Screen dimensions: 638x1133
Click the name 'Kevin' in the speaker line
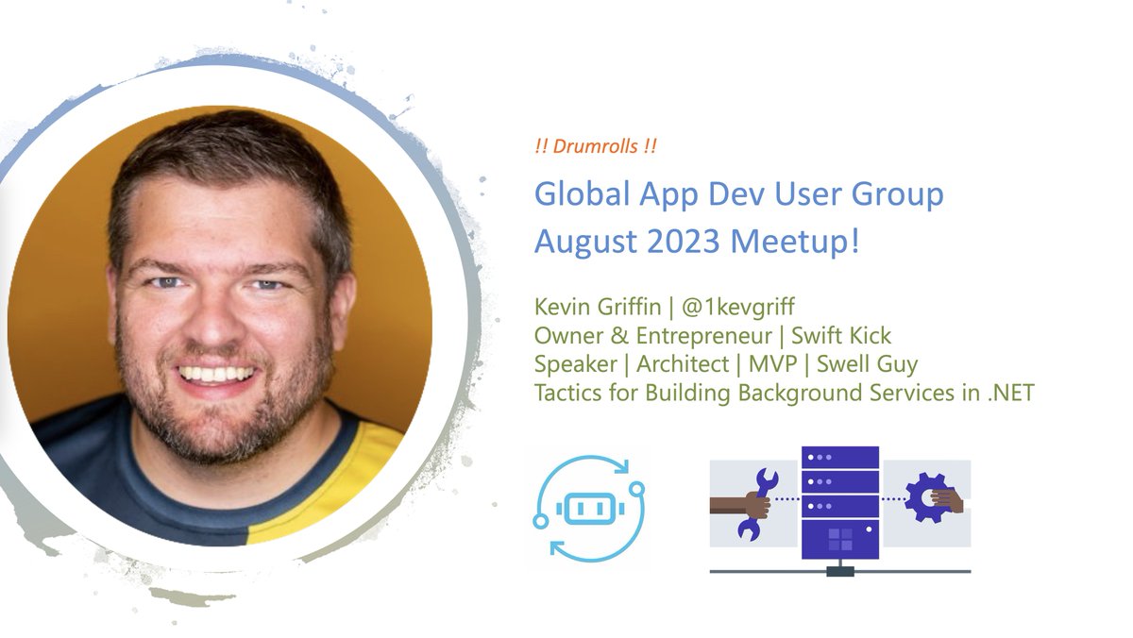[564, 309]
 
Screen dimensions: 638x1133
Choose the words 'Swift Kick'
[841, 336]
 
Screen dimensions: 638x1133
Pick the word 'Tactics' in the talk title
[569, 392]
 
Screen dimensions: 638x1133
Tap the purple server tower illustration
[839, 505]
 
